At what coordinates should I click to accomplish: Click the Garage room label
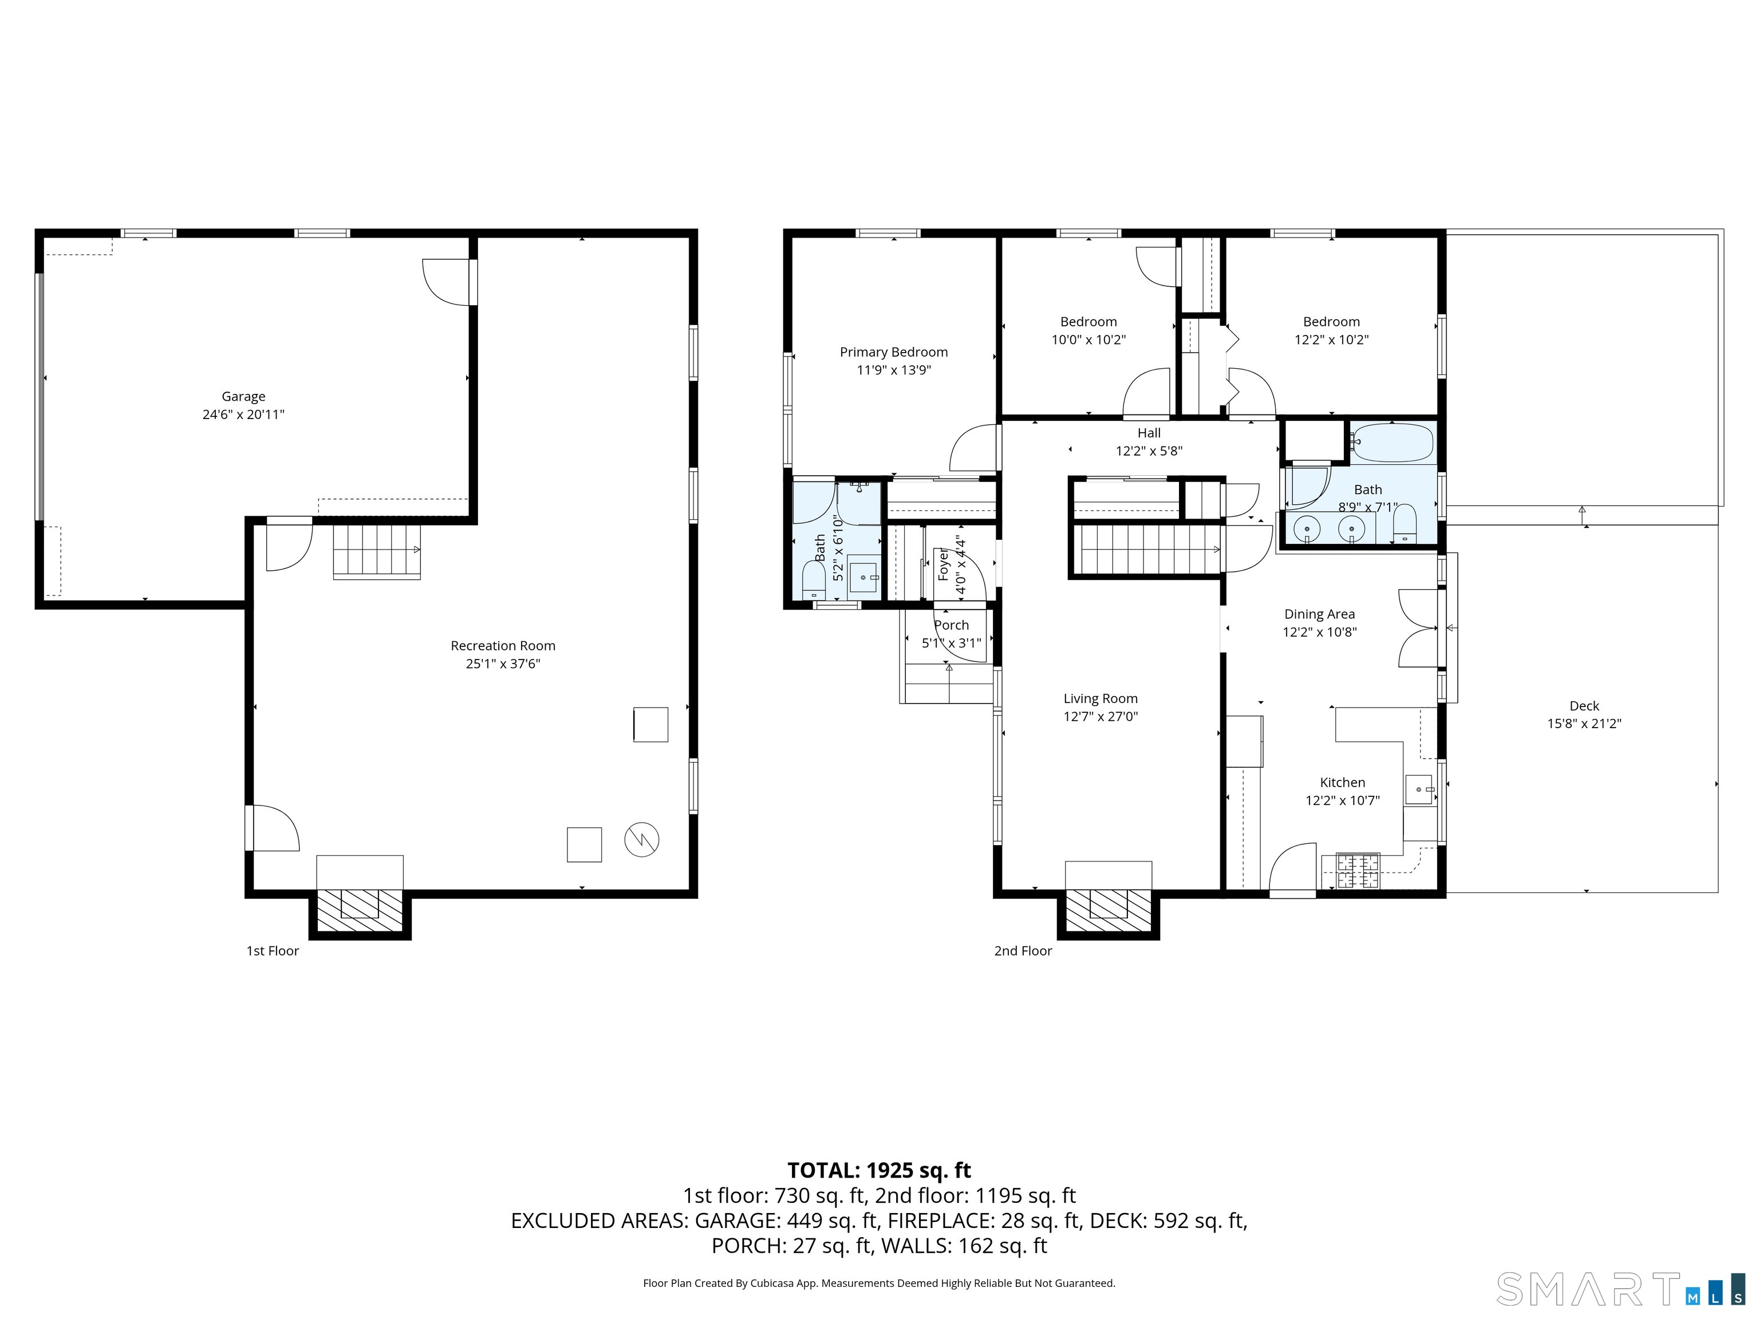243,396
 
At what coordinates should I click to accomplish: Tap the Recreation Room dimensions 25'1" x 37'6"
503,664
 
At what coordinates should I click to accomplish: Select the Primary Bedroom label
894,352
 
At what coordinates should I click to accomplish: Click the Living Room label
1101,699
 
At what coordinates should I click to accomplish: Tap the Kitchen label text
1342,783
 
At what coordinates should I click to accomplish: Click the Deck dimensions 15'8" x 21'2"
1584,724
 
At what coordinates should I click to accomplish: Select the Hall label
1149,433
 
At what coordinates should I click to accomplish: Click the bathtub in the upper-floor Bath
1393,444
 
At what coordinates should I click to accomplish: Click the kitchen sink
1419,789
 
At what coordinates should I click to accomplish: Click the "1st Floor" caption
273,951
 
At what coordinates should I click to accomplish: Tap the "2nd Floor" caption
1023,951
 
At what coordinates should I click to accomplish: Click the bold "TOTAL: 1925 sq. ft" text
879,1170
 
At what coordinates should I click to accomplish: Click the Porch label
951,626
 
